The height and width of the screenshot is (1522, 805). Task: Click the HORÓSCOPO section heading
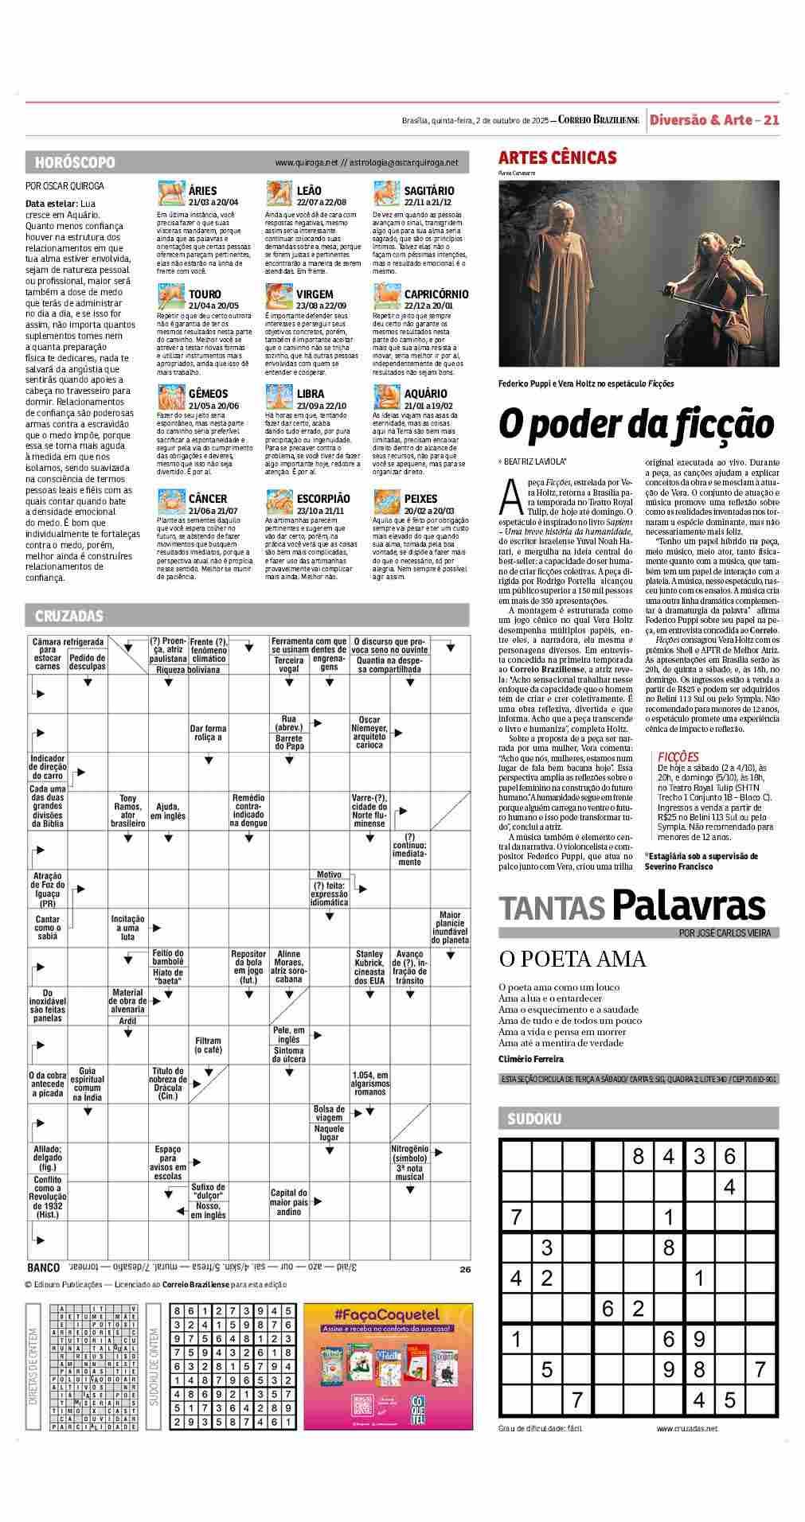click(x=75, y=162)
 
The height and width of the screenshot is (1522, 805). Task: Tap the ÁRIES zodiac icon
click(x=170, y=194)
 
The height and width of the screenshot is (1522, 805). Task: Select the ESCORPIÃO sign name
click(x=322, y=499)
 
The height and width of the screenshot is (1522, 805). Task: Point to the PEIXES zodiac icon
click(x=386, y=501)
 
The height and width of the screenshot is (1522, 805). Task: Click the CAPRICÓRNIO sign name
click(x=436, y=294)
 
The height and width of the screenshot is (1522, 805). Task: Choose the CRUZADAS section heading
click(x=69, y=616)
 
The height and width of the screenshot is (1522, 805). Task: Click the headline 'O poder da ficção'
click(x=635, y=423)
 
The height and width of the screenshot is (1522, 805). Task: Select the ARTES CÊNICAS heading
click(x=557, y=158)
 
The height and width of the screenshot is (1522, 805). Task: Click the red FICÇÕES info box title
click(x=678, y=757)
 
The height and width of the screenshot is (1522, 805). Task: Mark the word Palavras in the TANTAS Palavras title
click(x=689, y=906)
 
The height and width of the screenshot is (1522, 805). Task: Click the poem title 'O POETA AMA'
click(x=572, y=959)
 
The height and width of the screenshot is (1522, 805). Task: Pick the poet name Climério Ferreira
click(x=530, y=1059)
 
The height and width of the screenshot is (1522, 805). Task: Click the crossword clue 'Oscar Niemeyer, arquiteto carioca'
click(x=369, y=733)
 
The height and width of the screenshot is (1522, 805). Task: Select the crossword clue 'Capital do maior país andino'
click(x=288, y=1202)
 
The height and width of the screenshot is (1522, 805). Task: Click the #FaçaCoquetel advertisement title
click(x=387, y=1314)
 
